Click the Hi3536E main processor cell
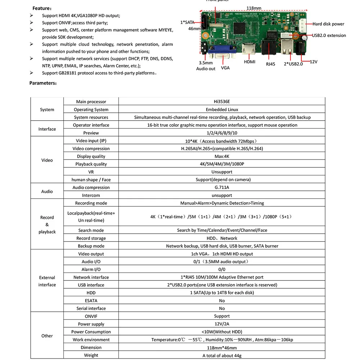[x=222, y=102]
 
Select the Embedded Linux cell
[x=222, y=109]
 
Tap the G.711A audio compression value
[x=222, y=188]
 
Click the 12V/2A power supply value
[x=222, y=324]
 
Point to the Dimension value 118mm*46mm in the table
[x=222, y=347]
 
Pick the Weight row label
[x=91, y=355]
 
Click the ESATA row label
[x=91, y=301]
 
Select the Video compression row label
[x=91, y=149]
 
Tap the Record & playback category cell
[x=47, y=225]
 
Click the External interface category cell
[x=47, y=281]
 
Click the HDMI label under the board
[x=249, y=62]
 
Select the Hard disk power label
[x=328, y=24]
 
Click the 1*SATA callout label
[x=187, y=22]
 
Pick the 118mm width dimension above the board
[x=254, y=8]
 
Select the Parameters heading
[x=43, y=83]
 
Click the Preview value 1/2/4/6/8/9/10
[x=222, y=133]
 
